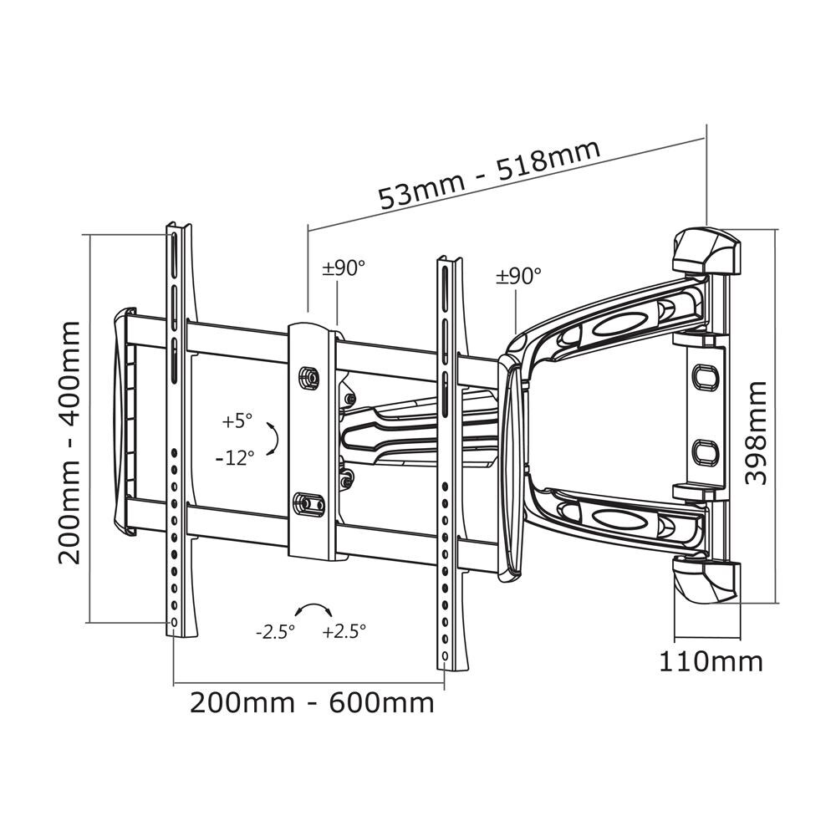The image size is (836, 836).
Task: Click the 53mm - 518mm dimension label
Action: (x=490, y=175)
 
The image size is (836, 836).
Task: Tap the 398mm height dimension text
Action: (x=756, y=432)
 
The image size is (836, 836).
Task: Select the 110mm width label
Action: (x=711, y=662)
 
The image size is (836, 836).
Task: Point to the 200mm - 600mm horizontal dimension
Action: (x=312, y=702)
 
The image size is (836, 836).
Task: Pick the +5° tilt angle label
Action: (x=237, y=422)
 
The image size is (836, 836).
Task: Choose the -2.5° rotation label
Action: (x=276, y=632)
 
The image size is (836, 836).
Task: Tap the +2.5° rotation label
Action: (x=344, y=632)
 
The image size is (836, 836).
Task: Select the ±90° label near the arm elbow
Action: (x=518, y=276)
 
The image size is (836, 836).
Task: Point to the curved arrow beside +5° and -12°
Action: (x=273, y=439)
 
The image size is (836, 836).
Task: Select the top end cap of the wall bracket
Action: (x=707, y=250)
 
